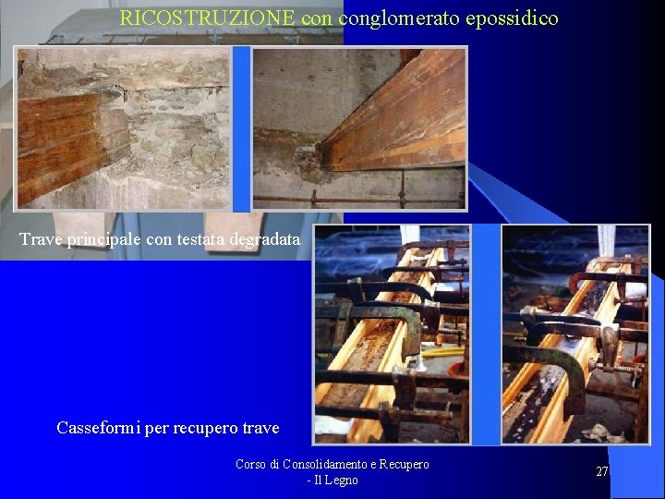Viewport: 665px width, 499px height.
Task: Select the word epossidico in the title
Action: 514,18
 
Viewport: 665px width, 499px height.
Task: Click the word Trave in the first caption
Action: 40,239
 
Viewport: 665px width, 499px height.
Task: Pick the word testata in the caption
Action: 201,239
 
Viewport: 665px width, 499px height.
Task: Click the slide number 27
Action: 602,471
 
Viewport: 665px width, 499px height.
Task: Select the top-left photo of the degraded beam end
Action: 123,128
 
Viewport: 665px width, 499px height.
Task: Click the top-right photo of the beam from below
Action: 359,128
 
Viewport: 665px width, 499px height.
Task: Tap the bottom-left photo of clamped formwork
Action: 392,335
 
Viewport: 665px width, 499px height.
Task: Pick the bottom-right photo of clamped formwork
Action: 574,335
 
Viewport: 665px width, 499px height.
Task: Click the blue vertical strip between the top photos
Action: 241,128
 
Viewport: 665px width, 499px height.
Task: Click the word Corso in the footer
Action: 251,464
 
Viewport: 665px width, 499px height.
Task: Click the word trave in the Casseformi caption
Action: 260,428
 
